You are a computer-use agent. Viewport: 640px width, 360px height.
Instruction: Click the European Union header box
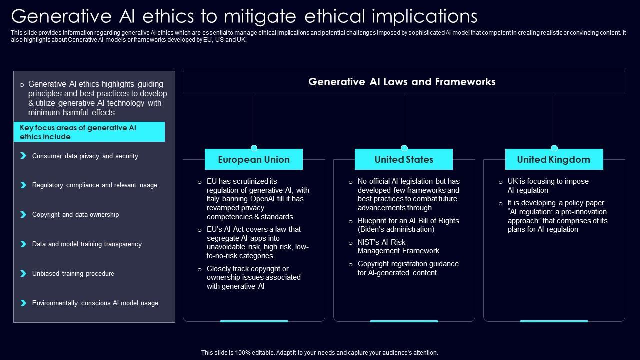point(254,160)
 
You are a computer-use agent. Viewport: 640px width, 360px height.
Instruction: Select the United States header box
point(404,160)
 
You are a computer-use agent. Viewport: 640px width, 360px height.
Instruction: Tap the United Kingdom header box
point(554,160)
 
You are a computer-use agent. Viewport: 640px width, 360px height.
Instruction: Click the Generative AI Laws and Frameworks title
point(402,82)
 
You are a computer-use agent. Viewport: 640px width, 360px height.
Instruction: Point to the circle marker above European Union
point(254,148)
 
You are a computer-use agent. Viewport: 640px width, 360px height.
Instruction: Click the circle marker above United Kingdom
point(554,148)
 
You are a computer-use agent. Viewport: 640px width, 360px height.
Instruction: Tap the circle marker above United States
point(404,148)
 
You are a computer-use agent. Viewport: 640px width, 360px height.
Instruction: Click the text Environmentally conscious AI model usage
point(95,303)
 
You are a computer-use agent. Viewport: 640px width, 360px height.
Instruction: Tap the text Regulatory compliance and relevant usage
point(94,185)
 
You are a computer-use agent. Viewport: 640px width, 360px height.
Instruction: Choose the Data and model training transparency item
point(87,244)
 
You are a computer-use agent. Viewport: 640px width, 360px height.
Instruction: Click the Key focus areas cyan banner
point(89,132)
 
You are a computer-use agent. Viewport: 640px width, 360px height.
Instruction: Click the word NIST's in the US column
point(368,242)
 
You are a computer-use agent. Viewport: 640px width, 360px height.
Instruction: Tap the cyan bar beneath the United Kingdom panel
point(554,321)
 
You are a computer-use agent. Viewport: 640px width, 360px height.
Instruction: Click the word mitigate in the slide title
point(254,16)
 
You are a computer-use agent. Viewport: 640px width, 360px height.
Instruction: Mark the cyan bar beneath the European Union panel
point(254,321)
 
